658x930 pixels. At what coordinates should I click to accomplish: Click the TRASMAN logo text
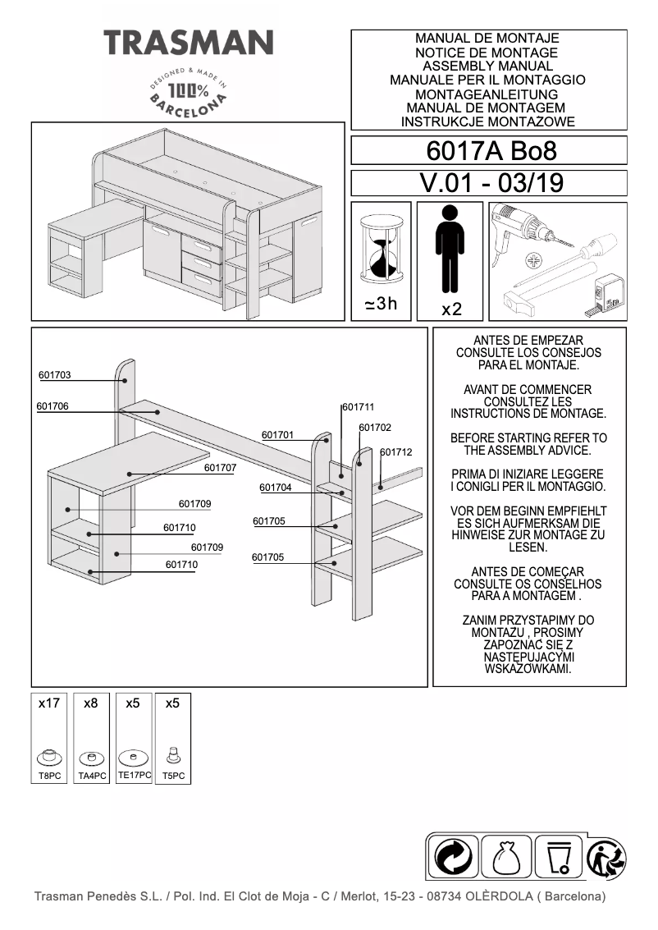pos(188,42)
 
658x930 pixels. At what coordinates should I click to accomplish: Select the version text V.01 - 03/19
pos(490,183)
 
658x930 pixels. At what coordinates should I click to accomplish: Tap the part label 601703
pos(55,375)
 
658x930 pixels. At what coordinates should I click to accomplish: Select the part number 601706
pos(53,406)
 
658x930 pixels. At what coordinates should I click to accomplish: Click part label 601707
pos(220,467)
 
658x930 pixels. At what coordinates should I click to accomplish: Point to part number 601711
pos(359,407)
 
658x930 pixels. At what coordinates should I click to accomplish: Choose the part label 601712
pos(396,452)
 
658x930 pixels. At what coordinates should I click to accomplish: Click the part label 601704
pos(276,488)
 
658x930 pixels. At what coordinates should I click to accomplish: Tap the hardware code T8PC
pos(50,776)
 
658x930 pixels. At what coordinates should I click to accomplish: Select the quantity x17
pos(49,703)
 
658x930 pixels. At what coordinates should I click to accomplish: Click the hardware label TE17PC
pos(134,775)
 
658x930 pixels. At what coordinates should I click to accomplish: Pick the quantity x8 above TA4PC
pos(91,703)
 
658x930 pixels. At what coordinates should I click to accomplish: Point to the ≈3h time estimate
pos(381,305)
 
